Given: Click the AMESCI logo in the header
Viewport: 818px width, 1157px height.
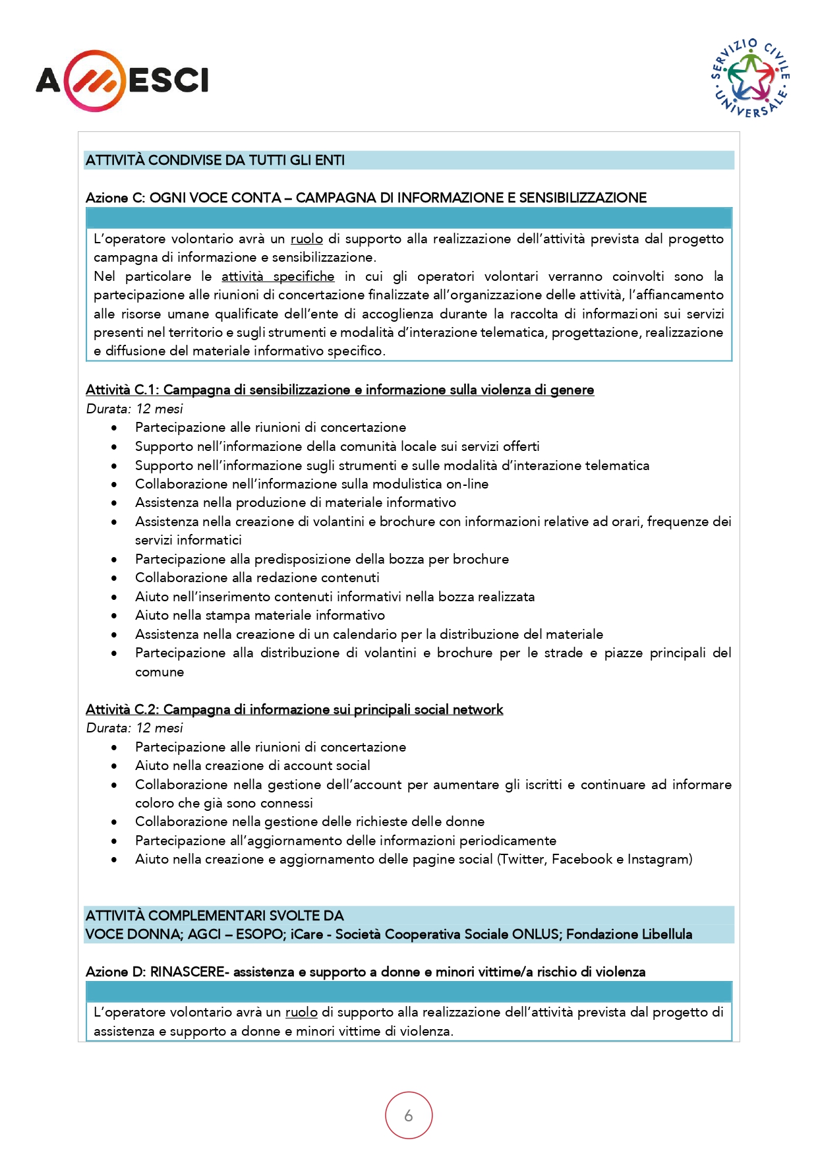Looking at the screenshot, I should click(122, 80).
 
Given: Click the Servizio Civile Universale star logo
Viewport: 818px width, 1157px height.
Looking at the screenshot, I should click(751, 78).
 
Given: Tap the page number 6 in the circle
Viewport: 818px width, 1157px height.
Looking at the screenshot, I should click(409, 1115).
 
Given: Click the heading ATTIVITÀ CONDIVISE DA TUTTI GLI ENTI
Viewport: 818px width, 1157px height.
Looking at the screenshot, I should click(215, 160).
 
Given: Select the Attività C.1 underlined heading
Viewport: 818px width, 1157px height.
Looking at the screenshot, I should click(339, 390).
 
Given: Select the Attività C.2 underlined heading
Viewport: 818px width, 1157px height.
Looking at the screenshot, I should click(294, 709).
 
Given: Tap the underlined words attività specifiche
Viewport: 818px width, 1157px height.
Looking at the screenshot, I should click(278, 276).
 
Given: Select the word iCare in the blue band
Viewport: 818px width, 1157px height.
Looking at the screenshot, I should click(307, 934).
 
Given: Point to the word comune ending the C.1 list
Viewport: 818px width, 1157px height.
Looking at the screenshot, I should click(160, 672).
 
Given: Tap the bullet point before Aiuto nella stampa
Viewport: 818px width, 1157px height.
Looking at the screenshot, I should click(114, 616).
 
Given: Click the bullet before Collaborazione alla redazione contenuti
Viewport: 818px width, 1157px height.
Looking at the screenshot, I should click(114, 578).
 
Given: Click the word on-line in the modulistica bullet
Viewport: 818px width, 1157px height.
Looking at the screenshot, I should click(467, 484).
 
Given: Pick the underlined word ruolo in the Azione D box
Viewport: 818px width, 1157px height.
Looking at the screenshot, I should click(301, 1012).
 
